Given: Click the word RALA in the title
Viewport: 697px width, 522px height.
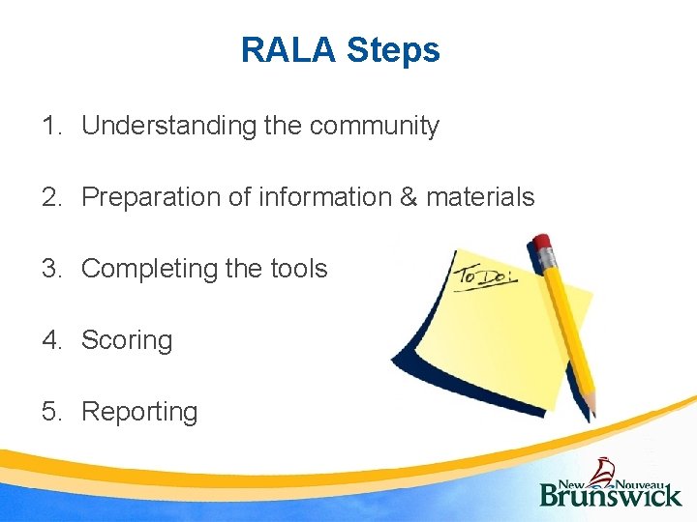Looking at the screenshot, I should [x=288, y=49].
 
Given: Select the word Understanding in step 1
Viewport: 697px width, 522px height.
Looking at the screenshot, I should [x=168, y=126].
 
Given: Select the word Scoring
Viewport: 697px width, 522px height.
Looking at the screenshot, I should [x=127, y=340].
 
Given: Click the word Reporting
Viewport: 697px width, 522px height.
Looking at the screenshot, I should [x=139, y=412].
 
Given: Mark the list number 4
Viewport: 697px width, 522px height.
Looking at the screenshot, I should [x=50, y=340].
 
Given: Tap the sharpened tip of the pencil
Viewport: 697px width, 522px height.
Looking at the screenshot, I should [x=591, y=414].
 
